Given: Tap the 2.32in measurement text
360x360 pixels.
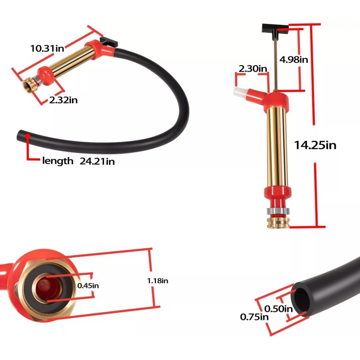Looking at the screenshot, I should click(63, 100).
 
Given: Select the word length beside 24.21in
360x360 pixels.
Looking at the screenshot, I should click(57, 161).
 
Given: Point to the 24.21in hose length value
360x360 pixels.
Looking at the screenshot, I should click(98, 161).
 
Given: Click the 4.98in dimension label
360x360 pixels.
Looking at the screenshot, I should click(294, 59).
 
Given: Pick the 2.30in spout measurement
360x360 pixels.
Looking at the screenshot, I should click(253, 69).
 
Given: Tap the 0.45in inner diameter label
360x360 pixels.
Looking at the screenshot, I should click(88, 285).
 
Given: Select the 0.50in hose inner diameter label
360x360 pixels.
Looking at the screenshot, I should click(279, 309).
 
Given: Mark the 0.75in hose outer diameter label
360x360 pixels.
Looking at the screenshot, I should click(255, 317).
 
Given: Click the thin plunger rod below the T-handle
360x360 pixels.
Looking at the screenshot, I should click(273, 63).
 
